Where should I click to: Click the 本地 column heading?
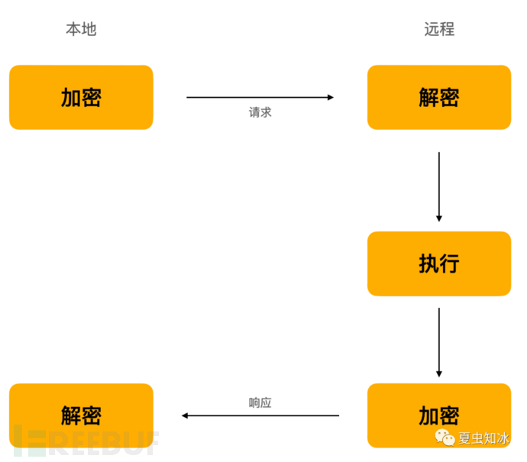(x=81, y=30)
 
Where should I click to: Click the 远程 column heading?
(x=439, y=30)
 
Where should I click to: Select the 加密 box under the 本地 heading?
(x=81, y=98)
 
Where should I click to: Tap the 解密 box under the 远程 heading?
(x=439, y=98)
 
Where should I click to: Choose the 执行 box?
(x=439, y=263)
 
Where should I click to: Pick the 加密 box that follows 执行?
(x=439, y=415)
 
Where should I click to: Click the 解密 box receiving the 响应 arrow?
(x=81, y=415)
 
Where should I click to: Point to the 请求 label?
(x=260, y=112)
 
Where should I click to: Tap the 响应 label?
(x=260, y=402)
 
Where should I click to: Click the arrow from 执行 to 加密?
(x=439, y=340)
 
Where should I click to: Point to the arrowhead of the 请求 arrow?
(x=331, y=97)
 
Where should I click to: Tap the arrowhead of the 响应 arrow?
(x=186, y=415)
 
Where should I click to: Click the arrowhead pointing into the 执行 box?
(x=439, y=218)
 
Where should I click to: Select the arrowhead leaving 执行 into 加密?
(x=439, y=373)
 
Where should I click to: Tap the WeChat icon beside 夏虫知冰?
(x=445, y=438)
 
